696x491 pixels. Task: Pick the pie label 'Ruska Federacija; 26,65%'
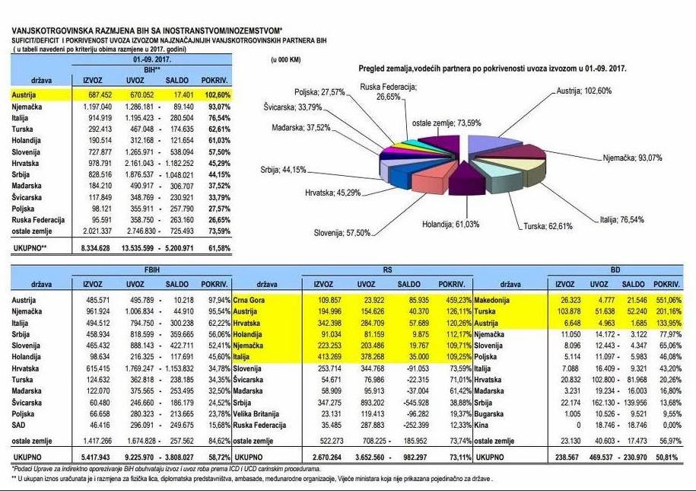click(388, 91)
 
